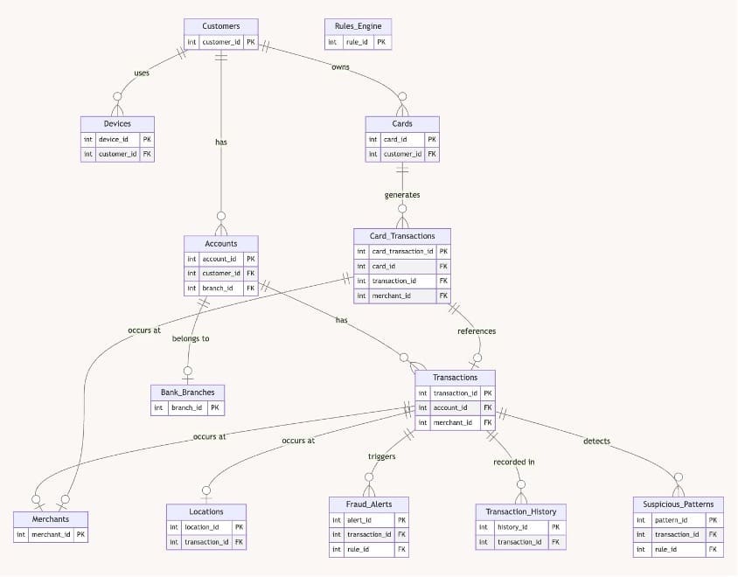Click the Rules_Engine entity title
(359, 26)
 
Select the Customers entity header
(221, 26)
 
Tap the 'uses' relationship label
(142, 73)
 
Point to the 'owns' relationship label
(340, 66)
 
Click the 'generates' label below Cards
(402, 195)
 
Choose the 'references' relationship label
(477, 331)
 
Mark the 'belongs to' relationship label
(191, 338)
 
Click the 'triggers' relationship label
(382, 456)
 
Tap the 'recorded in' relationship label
(514, 462)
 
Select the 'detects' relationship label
(597, 441)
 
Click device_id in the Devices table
(114, 139)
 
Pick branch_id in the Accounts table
(218, 288)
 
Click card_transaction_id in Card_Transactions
(402, 251)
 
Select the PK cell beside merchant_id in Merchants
(80, 535)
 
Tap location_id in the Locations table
(201, 527)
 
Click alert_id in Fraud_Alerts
(359, 520)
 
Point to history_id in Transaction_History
(512, 527)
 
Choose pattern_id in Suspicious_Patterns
(672, 520)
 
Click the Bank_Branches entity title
(188, 393)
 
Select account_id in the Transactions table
(450, 408)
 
